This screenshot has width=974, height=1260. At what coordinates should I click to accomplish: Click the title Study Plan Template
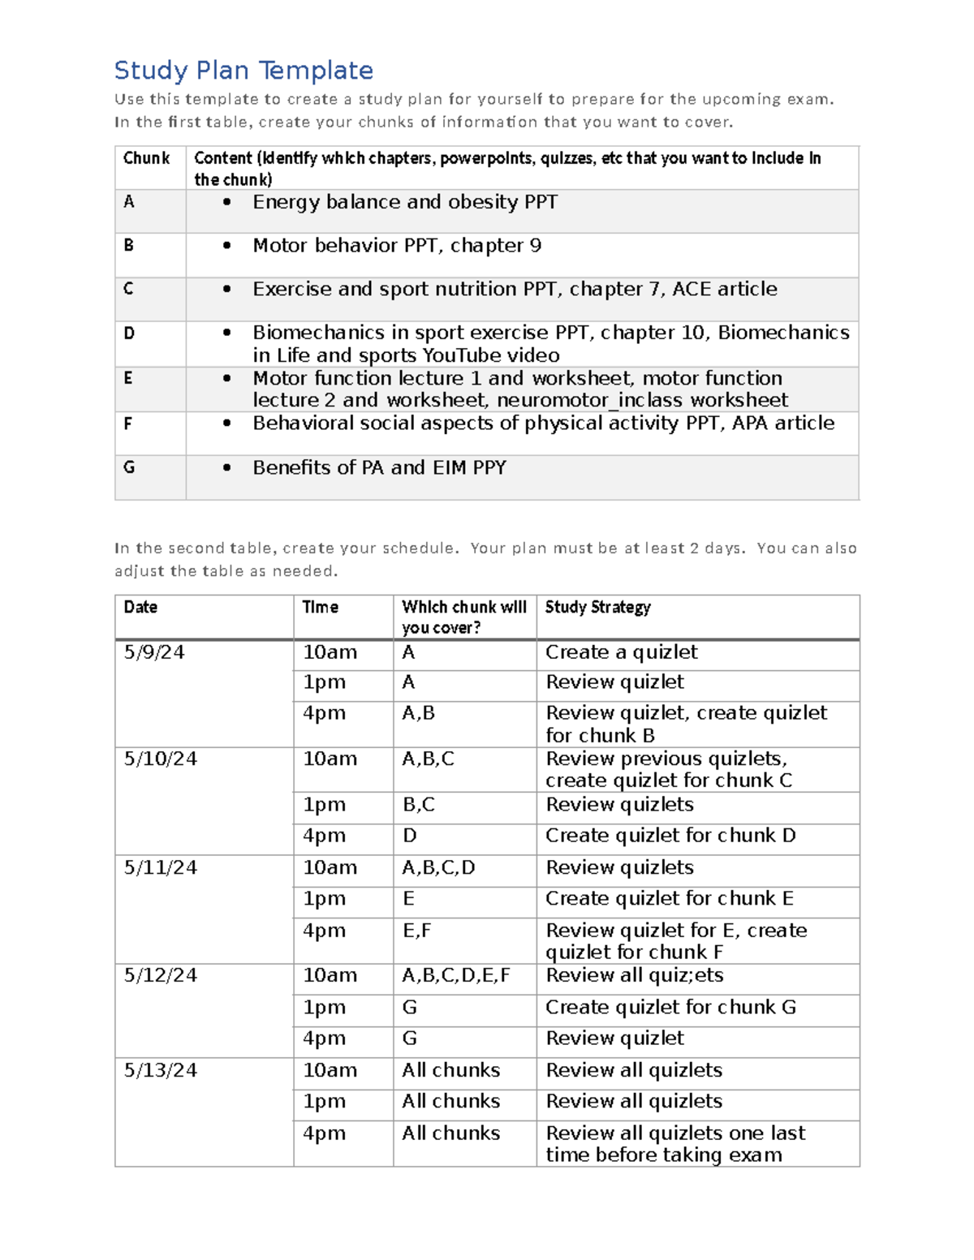(x=243, y=71)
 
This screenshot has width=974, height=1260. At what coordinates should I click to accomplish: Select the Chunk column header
(x=146, y=158)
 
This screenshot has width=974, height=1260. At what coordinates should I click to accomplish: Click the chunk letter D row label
(x=129, y=333)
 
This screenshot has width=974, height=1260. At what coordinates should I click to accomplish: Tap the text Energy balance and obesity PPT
(x=404, y=202)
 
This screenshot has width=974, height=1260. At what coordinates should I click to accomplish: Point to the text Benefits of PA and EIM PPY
(x=379, y=467)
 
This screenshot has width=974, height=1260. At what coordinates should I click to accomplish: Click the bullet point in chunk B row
(x=227, y=245)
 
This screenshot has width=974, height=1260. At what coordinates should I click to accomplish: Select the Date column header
(x=140, y=607)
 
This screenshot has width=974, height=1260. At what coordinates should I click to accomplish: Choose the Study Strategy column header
(x=597, y=607)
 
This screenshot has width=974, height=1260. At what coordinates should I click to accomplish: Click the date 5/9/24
(x=154, y=652)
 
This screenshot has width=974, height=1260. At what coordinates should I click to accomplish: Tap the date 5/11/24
(x=160, y=867)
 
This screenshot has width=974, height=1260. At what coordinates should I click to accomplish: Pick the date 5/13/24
(x=160, y=1070)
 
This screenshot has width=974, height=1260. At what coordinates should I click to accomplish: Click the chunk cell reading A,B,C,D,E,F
(x=456, y=975)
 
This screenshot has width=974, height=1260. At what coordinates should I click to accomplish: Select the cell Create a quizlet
(x=621, y=652)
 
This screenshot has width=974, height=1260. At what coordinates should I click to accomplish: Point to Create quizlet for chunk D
(x=670, y=836)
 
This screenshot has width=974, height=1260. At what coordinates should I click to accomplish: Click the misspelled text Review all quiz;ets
(x=634, y=975)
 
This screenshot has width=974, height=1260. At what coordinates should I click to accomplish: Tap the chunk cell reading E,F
(x=417, y=931)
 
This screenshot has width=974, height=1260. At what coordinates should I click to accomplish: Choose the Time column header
(x=320, y=607)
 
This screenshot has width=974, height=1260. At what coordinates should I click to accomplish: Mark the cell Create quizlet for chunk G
(x=670, y=1007)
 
